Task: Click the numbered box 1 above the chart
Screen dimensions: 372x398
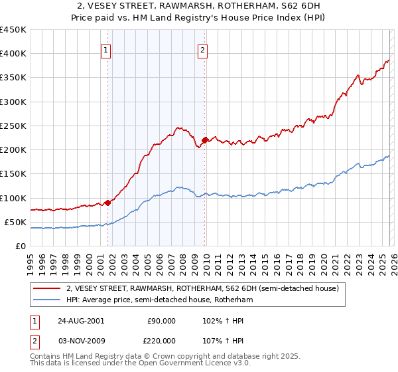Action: [107, 48]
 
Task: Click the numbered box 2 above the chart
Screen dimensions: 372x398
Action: [202, 48]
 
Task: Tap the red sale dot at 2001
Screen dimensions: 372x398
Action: [107, 203]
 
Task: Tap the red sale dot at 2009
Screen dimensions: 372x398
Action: [204, 140]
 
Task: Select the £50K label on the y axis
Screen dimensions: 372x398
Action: [15, 222]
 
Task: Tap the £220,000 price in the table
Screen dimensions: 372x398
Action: [162, 339]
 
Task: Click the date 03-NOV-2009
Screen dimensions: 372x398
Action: [79, 339]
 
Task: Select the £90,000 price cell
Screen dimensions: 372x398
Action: [162, 321]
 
